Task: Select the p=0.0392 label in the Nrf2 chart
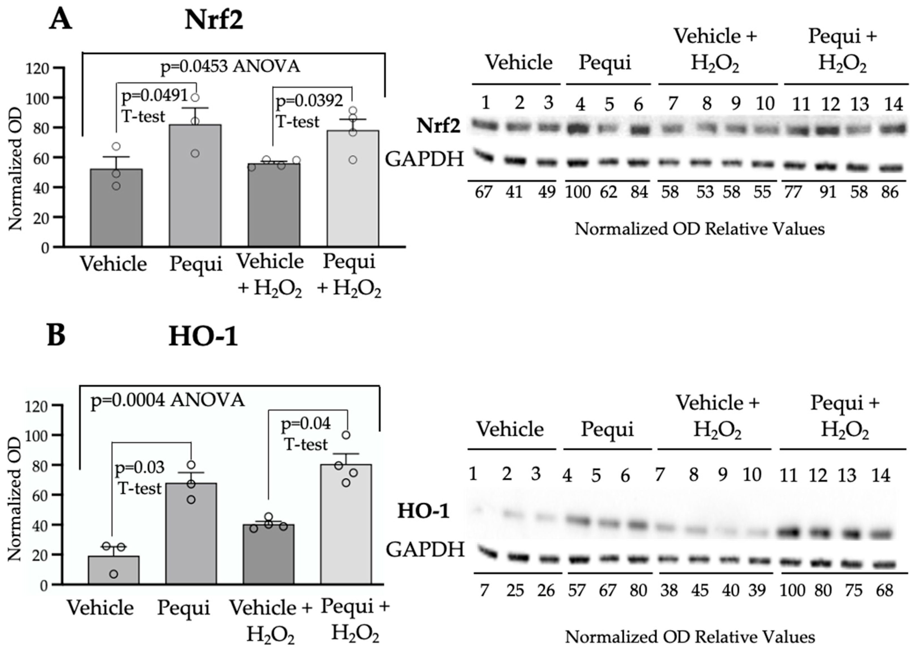(309, 101)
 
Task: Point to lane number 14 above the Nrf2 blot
(893, 104)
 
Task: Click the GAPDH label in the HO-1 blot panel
(425, 549)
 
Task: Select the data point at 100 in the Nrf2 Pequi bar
(195, 98)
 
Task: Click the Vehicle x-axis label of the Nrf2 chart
(113, 264)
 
